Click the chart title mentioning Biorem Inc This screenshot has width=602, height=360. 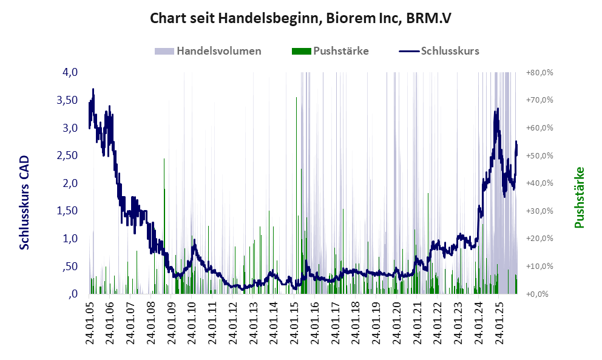point(301,19)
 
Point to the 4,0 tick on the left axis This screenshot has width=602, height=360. point(70,72)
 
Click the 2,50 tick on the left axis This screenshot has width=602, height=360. point(67,155)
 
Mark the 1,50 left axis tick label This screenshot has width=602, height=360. point(67,211)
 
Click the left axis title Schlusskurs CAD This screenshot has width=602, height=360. point(25,202)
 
